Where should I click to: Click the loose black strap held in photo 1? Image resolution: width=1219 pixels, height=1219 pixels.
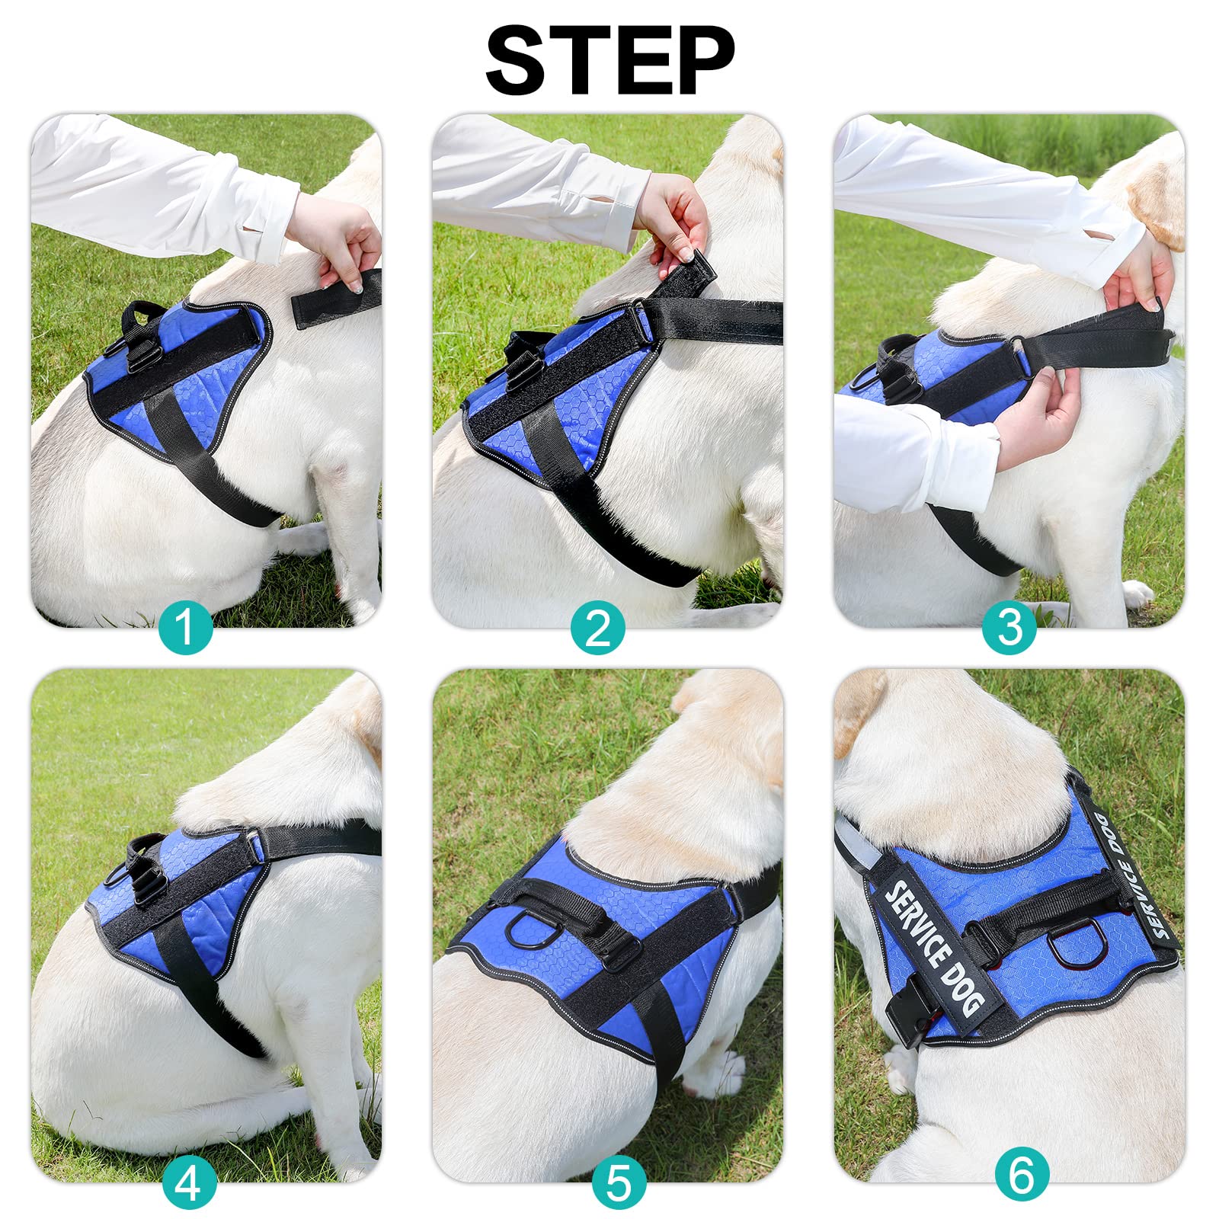335,298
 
